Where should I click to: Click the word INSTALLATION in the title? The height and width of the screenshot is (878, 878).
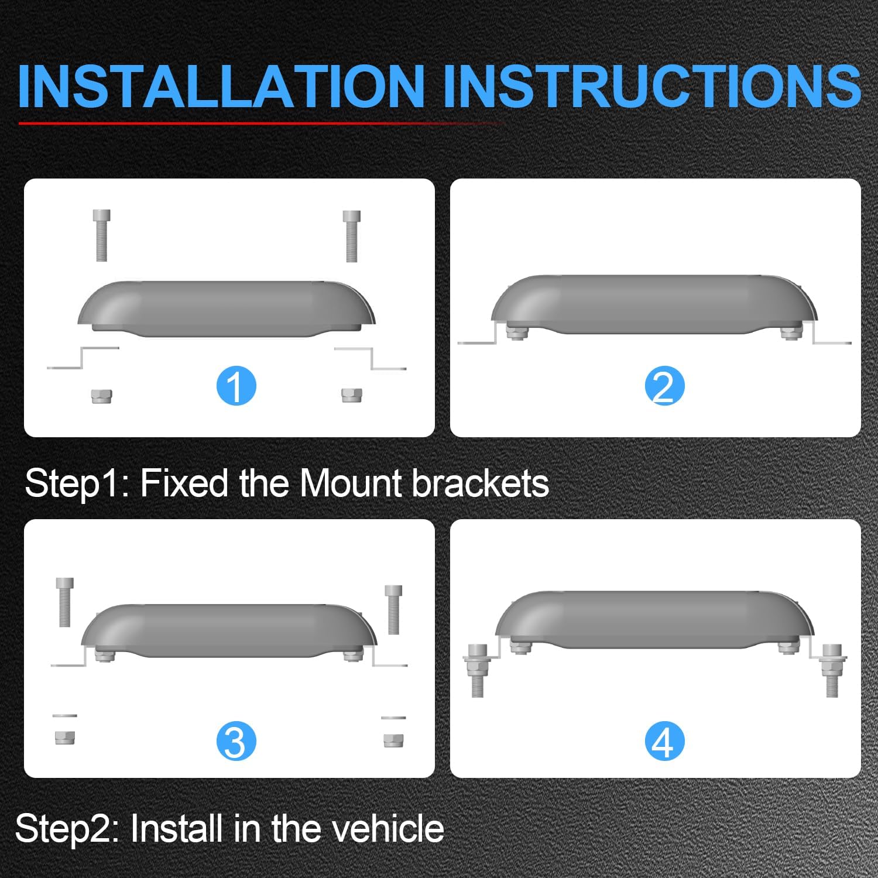coord(221,86)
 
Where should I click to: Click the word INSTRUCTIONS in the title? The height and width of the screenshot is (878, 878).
coord(651,86)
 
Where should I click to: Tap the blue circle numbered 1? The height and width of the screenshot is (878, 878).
coord(236,386)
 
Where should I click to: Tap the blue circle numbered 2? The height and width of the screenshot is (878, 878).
coord(664,386)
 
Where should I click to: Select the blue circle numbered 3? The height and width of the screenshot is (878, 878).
coord(236,741)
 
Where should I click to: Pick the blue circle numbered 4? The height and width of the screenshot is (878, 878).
coord(664,741)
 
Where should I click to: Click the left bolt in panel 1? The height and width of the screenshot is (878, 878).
coord(101,235)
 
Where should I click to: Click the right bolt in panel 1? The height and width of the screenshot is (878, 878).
coord(351,236)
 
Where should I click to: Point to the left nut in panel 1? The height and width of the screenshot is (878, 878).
coord(101,396)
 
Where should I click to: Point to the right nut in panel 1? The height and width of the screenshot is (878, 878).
coord(351,395)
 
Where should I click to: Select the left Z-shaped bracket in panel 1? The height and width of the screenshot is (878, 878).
coord(83,358)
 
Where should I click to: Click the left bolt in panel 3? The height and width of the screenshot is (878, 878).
coord(65,602)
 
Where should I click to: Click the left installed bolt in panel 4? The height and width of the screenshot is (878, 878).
coord(477,670)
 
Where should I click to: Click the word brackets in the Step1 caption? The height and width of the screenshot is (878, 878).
coord(481,483)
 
